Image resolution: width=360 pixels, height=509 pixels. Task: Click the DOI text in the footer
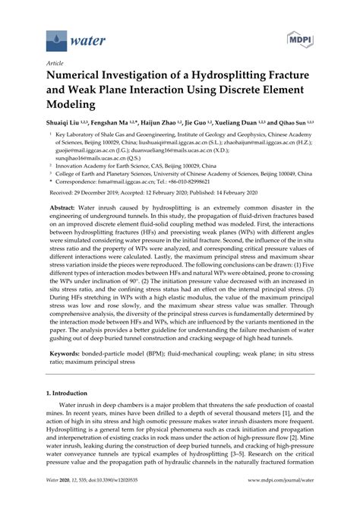(x=95, y=501)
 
